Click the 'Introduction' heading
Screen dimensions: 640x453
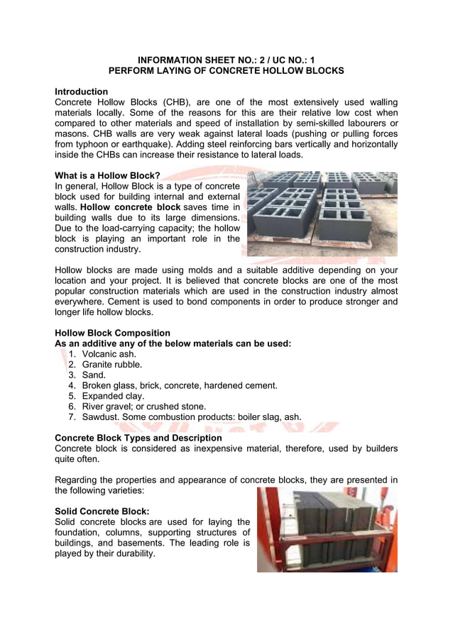81,92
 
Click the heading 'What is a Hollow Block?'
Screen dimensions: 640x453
107,175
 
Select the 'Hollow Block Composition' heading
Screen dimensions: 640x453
112,333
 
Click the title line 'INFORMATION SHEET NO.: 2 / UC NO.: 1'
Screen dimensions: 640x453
226,60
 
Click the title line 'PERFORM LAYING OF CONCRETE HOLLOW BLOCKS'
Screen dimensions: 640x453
226,71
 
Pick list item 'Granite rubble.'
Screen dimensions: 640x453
111,365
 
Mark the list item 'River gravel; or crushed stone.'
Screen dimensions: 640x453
143,407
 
